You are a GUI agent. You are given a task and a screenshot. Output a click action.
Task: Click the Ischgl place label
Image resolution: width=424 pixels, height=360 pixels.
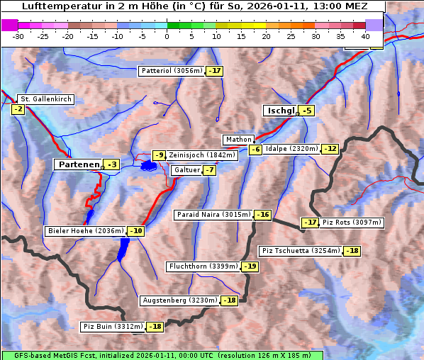(280, 111)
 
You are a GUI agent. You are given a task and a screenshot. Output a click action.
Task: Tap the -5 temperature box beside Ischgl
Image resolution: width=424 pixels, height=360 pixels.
(306, 111)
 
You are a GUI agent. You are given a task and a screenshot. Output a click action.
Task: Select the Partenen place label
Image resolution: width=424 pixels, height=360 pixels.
(79, 164)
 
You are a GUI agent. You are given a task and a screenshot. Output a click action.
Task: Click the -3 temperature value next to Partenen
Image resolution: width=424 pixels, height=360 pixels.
(111, 164)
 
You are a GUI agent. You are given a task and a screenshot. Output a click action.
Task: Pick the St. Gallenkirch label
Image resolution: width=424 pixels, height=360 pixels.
(45, 99)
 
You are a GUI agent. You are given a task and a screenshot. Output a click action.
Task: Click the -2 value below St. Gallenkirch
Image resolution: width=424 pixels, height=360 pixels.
(18, 109)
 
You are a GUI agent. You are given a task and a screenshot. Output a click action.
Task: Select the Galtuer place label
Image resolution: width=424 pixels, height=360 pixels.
(186, 170)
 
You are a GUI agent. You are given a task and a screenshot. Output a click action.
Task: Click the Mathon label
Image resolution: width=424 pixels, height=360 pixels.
(238, 140)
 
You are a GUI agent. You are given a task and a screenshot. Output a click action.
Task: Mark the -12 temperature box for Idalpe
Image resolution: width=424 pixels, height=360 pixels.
(330, 149)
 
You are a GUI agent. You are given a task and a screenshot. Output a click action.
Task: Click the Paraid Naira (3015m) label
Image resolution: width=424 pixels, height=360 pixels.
(213, 214)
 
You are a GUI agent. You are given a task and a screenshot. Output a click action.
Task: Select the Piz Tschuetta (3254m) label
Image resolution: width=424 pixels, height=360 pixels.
(301, 251)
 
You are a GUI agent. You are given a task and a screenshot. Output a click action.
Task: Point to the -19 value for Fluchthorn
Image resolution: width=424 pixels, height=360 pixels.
(250, 266)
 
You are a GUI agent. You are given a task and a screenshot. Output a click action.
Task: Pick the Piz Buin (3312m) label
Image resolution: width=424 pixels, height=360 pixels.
(113, 327)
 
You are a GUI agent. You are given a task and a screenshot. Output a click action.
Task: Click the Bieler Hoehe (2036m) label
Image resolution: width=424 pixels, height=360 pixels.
(85, 231)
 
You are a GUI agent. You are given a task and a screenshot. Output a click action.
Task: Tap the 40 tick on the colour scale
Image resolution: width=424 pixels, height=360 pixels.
(365, 35)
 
